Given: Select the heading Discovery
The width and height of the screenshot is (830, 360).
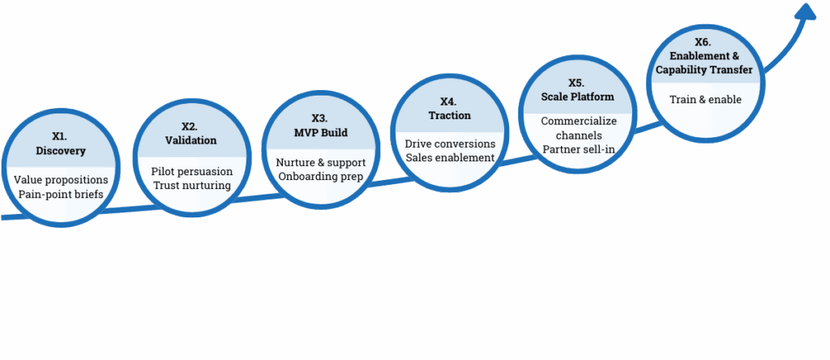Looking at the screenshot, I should (61, 151).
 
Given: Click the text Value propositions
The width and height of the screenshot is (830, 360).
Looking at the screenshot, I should (61, 179).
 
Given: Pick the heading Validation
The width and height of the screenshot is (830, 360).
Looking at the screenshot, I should (190, 139).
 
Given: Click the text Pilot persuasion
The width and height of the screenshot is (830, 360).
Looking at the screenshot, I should (192, 172).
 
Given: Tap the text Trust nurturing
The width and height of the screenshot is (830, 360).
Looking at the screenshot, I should (192, 186).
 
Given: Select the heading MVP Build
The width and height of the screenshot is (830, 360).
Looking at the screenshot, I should (319, 131).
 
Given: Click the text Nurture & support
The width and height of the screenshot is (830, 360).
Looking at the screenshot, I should (321, 162).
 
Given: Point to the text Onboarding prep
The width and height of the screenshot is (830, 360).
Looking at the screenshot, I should (321, 177).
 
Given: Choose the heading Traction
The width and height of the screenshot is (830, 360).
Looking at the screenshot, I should (449, 115).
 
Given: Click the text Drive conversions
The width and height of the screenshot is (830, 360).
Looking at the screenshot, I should (450, 144).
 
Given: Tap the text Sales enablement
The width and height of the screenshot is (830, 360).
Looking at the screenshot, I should (450, 157).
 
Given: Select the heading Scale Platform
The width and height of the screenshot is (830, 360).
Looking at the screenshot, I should (577, 96).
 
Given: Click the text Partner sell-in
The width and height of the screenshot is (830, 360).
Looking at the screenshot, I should (577, 150).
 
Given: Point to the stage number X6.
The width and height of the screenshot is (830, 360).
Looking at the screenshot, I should (704, 41).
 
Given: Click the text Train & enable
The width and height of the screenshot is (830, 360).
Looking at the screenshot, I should (705, 100).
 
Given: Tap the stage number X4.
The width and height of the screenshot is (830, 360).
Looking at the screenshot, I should (448, 101).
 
